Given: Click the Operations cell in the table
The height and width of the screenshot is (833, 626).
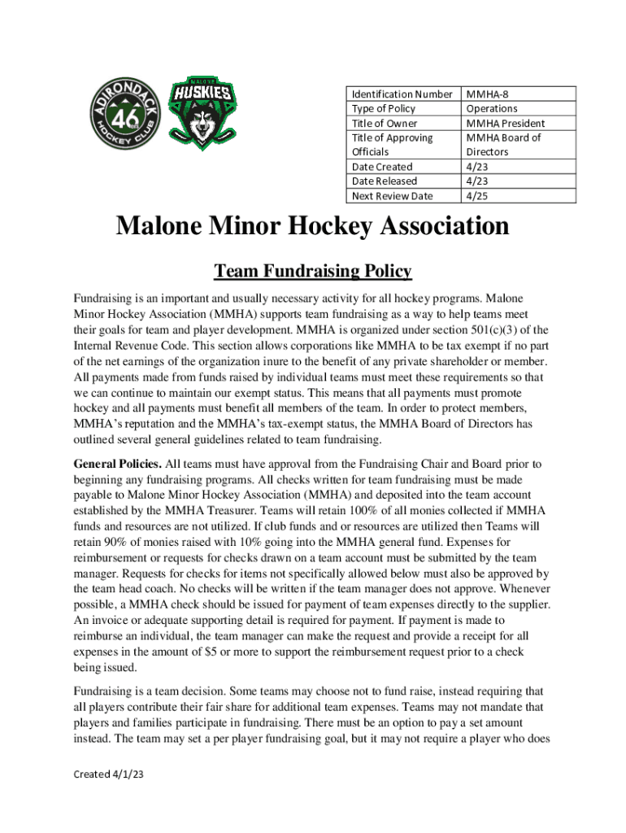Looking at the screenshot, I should pos(491,108).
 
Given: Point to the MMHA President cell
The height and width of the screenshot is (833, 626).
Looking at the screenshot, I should pos(505,123).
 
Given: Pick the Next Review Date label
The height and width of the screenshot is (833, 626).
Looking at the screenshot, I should pos(392,196).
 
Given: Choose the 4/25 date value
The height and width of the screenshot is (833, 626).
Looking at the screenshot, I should pos(477,196).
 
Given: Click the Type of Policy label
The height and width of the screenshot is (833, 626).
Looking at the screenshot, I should pos(383,108).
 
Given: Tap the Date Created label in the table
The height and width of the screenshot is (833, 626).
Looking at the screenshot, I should pos(381,167).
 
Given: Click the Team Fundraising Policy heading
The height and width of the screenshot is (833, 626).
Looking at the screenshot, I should pos(312,271).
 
